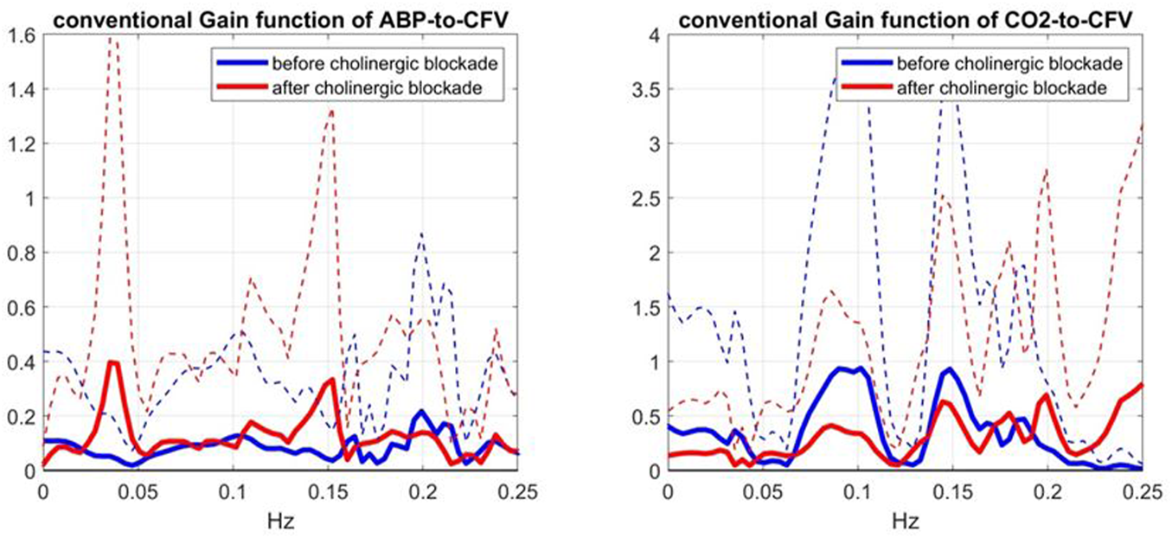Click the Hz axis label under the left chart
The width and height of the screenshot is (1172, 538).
coord(281,522)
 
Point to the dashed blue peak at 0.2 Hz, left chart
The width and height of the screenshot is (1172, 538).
coord(421,234)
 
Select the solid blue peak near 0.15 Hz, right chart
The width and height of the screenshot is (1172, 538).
coord(951,369)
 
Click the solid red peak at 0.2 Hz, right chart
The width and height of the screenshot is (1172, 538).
coord(1047,395)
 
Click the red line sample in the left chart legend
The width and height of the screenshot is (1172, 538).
coord(236,88)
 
